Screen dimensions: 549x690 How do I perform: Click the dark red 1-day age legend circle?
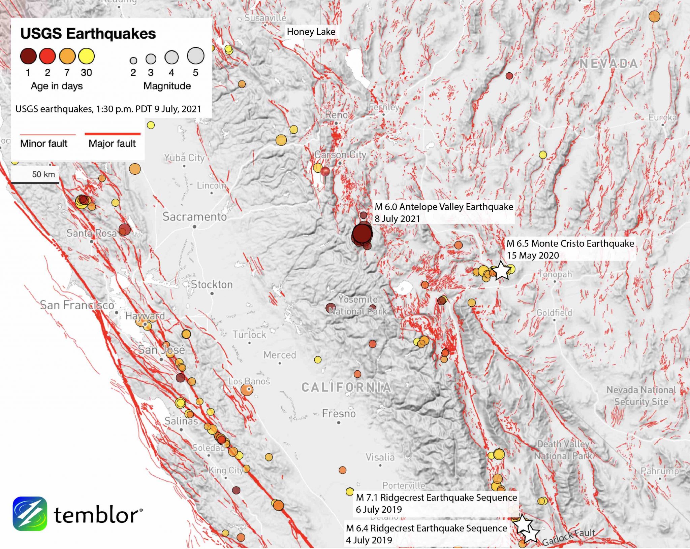pos(28,56)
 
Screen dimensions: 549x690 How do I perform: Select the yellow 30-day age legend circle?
pos(86,56)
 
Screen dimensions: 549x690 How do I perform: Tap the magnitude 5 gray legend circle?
pos(195,56)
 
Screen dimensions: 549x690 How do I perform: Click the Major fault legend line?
pos(112,134)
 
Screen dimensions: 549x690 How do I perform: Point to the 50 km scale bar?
pos(35,182)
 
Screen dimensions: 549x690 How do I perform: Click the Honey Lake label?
pos(311,32)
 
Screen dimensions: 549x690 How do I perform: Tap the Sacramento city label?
pos(194,217)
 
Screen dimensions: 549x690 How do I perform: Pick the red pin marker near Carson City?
pos(325,172)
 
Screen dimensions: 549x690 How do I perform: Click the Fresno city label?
pos(339,413)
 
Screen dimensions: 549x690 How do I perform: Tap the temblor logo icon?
pos(30,513)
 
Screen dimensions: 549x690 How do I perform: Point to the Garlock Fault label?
pos(568,537)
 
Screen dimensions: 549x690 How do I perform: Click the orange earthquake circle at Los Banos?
pos(247,390)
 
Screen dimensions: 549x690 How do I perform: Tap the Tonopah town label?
pos(555,274)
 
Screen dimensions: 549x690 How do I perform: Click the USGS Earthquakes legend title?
pos(88,34)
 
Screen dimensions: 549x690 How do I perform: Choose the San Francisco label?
pos(77,305)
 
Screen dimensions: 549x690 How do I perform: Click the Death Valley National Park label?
pos(563,450)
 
